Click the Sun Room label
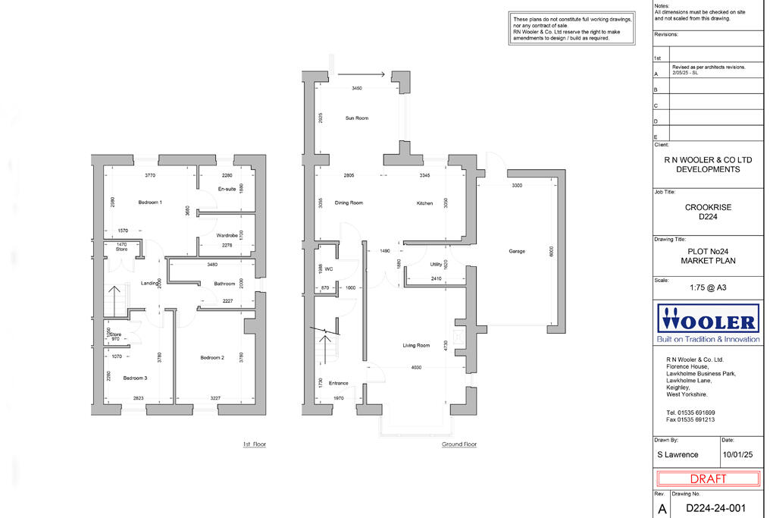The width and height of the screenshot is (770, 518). click(x=356, y=118)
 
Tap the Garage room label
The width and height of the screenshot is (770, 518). click(x=518, y=251)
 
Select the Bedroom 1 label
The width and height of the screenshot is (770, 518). click(x=150, y=202)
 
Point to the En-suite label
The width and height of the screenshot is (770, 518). click(x=227, y=188)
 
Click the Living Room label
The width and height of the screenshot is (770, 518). click(x=416, y=345)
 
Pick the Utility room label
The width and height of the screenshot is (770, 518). click(x=436, y=265)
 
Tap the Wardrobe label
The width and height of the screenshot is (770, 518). click(x=227, y=235)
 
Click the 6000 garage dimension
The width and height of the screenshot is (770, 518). click(x=552, y=252)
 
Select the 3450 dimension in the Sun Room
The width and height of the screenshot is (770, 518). click(x=358, y=89)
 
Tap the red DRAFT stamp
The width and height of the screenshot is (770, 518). click(x=708, y=479)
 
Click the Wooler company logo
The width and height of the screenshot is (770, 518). click(x=708, y=322)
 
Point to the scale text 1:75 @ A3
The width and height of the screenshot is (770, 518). click(x=708, y=287)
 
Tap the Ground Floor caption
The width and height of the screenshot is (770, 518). click(x=459, y=444)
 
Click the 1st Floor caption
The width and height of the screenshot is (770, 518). click(x=254, y=444)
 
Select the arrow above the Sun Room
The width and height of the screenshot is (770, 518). click(x=362, y=74)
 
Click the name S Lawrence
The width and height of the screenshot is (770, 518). click(x=677, y=454)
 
